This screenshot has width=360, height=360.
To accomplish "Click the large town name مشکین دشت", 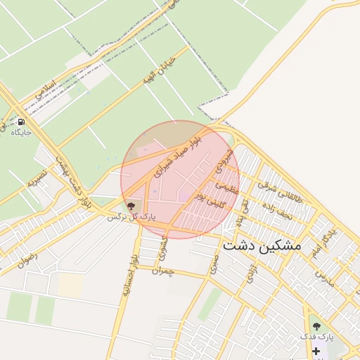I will tap(262, 245).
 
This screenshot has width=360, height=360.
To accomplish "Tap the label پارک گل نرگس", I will tap(131, 218).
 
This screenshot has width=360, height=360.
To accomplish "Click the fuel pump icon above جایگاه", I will tap(21, 121).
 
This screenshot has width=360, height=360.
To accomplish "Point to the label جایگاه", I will tap(21, 131).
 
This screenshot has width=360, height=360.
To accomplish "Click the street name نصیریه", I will tap(37, 177).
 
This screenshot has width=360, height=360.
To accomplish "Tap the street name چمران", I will tap(162, 270).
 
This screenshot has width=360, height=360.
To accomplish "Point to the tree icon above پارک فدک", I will tap(316, 326).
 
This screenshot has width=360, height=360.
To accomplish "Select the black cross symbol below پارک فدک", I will tap(316, 350).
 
